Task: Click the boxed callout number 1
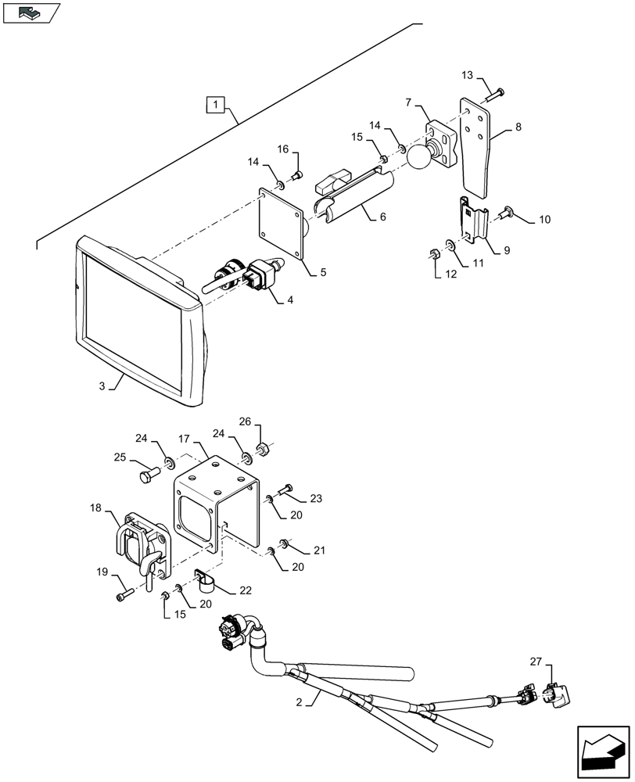(x=216, y=104)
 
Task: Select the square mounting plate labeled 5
(x=282, y=224)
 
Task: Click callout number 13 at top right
(x=467, y=75)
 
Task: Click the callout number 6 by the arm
(x=382, y=217)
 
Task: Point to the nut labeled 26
(x=264, y=450)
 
